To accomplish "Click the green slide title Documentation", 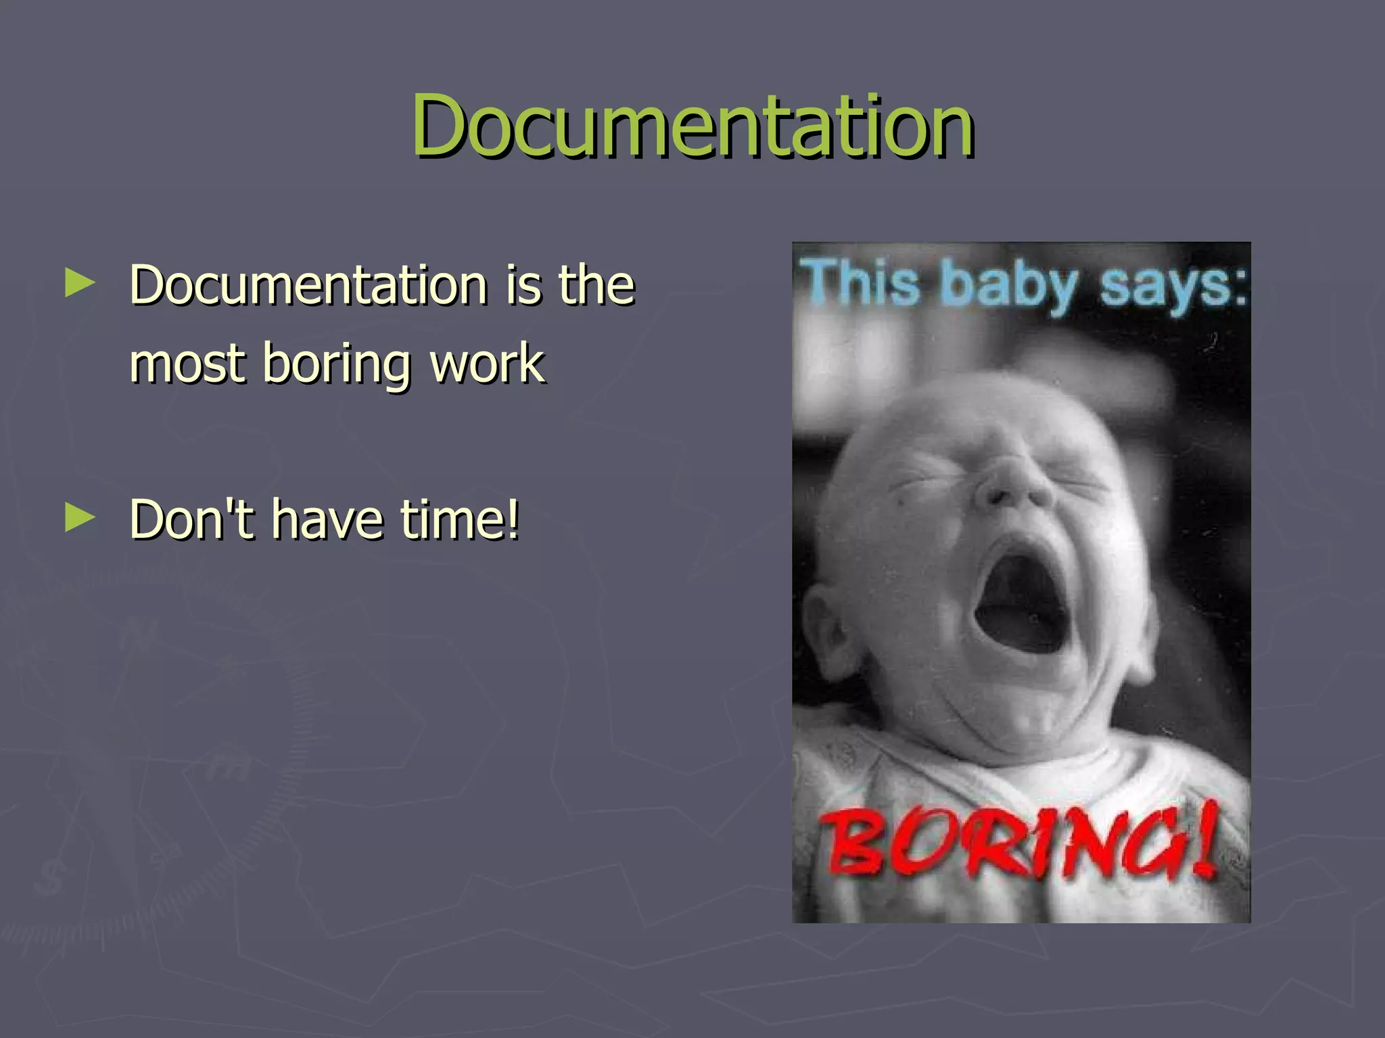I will tap(692, 126).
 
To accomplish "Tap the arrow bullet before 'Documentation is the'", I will tap(80, 284).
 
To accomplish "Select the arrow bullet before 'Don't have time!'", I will tap(80, 519).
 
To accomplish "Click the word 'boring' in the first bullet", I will tap(337, 364).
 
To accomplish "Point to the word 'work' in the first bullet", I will tap(487, 363).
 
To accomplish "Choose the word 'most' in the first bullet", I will tap(187, 363).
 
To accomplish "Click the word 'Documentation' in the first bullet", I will tap(308, 285).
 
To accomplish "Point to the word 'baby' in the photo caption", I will tap(1009, 285).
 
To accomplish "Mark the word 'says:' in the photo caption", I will tap(1173, 285).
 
